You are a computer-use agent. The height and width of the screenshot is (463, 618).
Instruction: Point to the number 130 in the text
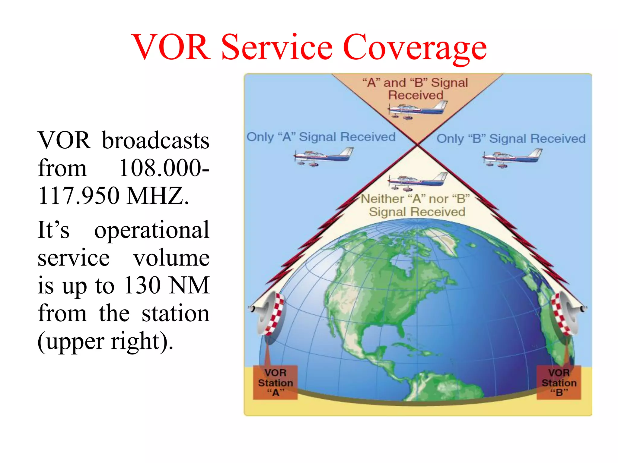[142, 285]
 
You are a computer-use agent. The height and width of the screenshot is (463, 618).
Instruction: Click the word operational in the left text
[151, 230]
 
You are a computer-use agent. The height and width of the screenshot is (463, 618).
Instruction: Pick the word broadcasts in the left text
[155, 141]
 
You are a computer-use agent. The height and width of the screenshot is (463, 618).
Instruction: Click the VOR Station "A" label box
[275, 383]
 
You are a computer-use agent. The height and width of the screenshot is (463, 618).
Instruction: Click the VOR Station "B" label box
[559, 383]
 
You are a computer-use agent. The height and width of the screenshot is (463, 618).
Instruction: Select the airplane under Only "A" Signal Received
[323, 156]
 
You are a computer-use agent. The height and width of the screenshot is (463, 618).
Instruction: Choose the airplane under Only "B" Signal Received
[512, 158]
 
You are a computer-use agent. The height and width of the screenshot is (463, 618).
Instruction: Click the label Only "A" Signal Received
[321, 137]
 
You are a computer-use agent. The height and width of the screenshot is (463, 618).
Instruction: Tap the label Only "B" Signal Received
[511, 139]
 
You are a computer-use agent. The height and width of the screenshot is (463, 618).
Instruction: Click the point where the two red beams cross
[417, 145]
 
